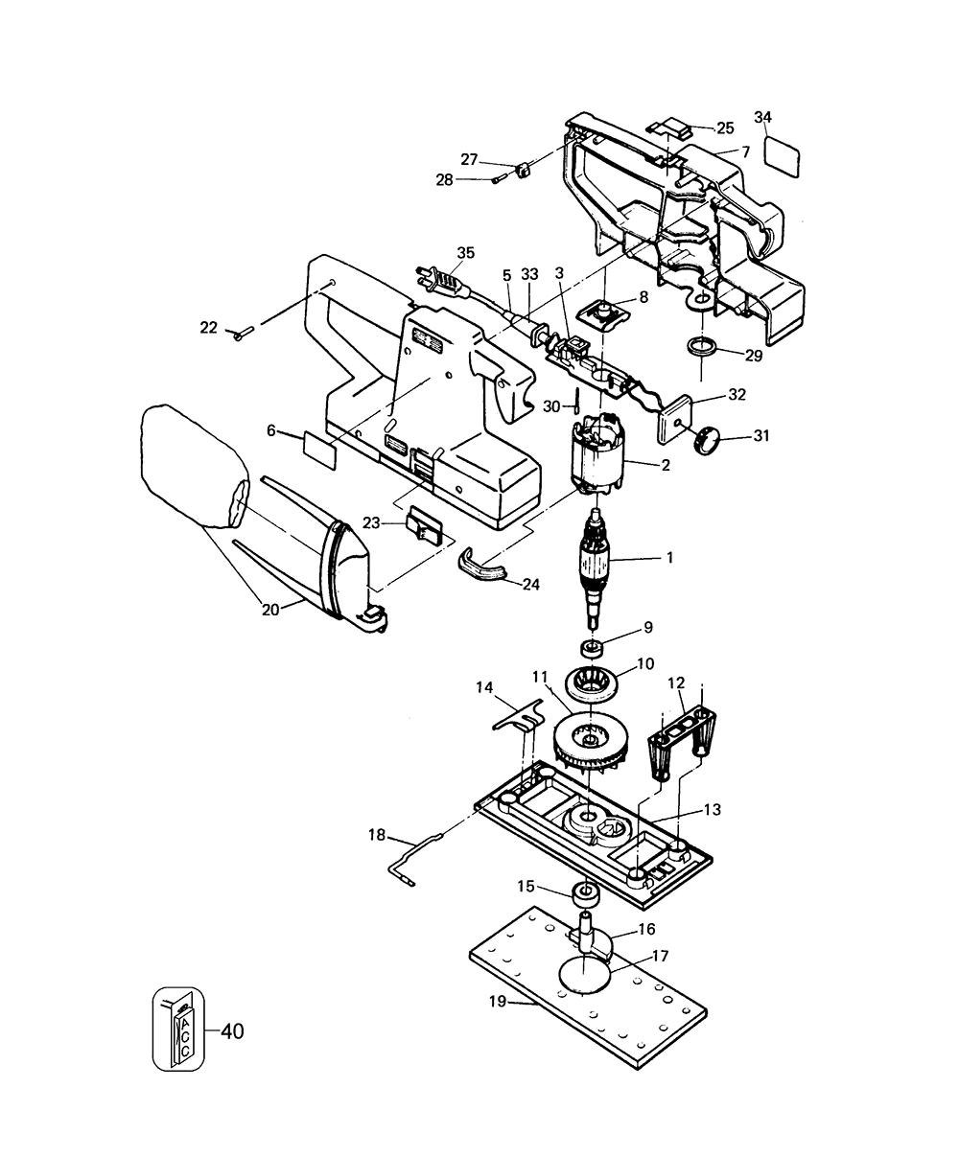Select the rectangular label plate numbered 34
point(783,154)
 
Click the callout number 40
point(231,1031)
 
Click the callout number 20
point(271,607)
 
